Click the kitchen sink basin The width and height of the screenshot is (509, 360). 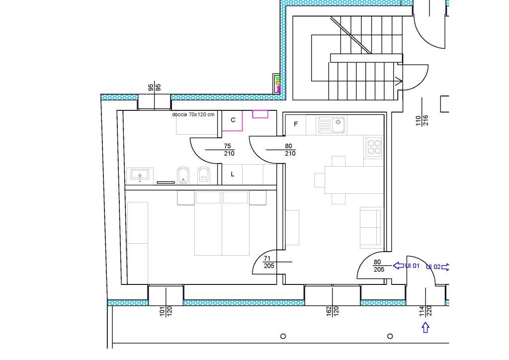click(332, 125)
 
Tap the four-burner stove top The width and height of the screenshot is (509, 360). click(374, 147)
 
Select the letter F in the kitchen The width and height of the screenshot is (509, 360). click(296, 124)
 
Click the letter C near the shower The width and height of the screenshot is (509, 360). click(233, 120)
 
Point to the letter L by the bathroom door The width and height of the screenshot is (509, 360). click(233, 175)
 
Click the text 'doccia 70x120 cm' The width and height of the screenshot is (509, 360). click(193, 114)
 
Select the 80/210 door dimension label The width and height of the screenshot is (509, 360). click(290, 150)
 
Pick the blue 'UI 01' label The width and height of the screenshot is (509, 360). click(412, 266)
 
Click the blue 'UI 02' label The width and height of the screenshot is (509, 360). click(433, 267)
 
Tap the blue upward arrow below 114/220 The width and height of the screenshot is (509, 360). click(425, 327)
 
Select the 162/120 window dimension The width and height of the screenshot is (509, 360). click(333, 311)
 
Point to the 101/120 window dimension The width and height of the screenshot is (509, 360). click(166, 311)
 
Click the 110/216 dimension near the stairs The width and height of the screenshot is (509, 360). click(422, 120)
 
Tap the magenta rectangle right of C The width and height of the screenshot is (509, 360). click(260, 114)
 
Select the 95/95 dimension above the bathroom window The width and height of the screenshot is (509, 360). click(155, 88)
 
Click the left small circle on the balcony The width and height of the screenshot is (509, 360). click(283, 336)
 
